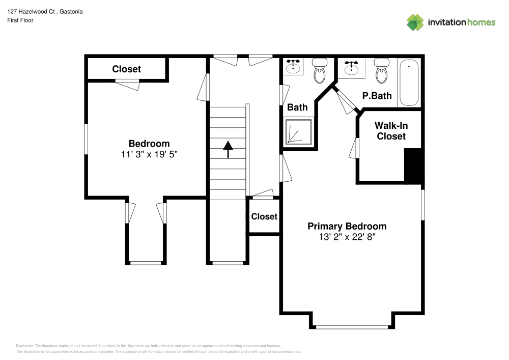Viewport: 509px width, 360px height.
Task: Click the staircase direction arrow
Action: point(228,149)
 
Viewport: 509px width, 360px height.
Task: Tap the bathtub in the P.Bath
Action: point(409,83)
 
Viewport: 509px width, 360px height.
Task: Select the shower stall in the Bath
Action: point(299,131)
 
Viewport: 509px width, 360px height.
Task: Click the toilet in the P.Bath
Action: point(381,70)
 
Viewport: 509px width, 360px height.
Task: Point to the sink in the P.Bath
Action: point(351,68)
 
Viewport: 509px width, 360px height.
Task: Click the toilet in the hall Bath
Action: point(320,70)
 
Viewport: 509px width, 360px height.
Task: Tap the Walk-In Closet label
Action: point(391,131)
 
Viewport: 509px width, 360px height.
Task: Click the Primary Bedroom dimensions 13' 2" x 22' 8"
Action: point(347,237)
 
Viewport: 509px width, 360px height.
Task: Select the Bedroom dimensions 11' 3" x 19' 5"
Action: point(149,154)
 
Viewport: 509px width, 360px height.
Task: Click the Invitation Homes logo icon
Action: point(415,22)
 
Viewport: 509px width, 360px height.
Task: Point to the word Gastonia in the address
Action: point(71,12)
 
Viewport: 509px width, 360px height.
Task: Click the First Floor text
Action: point(20,20)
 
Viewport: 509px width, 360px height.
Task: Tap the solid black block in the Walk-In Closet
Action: point(413,165)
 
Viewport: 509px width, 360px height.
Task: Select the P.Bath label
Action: point(377,96)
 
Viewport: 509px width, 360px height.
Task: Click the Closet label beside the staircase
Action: point(264,216)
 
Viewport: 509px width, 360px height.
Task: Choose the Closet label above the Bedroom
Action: point(126,69)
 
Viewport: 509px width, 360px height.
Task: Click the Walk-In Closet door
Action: point(354,148)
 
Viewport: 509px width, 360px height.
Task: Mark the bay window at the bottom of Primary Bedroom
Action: point(352,327)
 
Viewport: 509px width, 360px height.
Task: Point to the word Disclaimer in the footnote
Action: point(24,346)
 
